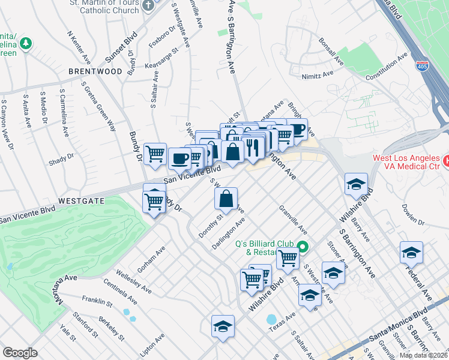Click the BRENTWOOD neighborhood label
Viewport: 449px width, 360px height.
pos(95,71)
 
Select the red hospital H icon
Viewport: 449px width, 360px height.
pos(445,161)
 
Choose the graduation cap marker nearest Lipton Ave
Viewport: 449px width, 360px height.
pos(223,327)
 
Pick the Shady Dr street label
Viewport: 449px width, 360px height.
pos(61,158)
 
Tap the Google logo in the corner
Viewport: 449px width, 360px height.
pos(20,352)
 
